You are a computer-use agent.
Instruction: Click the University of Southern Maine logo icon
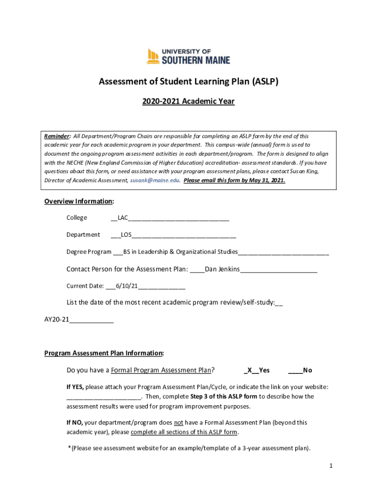(x=153, y=57)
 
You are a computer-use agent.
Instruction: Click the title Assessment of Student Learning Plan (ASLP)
(x=188, y=82)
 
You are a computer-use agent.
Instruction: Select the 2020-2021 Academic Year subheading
(x=188, y=102)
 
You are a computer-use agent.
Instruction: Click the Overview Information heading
(x=79, y=202)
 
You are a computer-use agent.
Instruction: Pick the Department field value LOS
(x=126, y=235)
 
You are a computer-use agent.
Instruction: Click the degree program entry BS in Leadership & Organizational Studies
(x=180, y=252)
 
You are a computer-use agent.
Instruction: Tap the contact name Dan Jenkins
(x=222, y=269)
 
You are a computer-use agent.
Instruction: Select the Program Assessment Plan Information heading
(x=104, y=353)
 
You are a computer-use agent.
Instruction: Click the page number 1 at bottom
(x=331, y=466)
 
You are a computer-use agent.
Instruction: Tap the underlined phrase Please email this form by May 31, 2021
(x=235, y=180)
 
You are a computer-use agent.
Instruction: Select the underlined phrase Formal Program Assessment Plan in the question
(x=162, y=370)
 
